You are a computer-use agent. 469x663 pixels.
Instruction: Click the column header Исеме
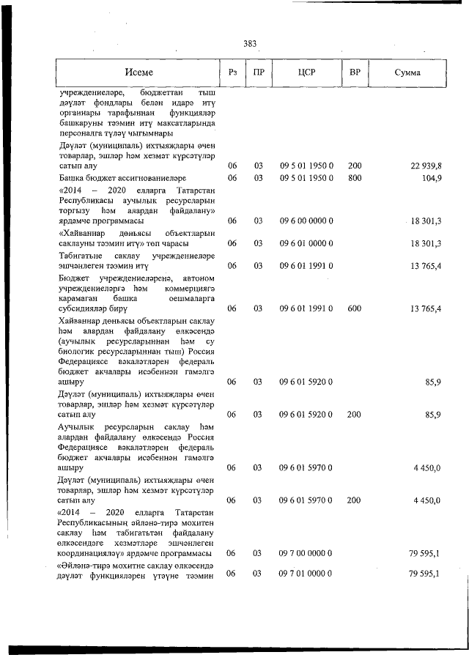coord(139,73)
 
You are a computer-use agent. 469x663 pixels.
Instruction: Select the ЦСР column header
coord(306,73)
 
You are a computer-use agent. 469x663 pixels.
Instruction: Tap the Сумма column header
coord(407,73)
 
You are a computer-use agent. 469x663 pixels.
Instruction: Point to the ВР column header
coord(355,73)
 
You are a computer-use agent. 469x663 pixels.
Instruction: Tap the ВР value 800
coord(355,178)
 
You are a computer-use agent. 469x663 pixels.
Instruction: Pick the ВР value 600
coord(355,309)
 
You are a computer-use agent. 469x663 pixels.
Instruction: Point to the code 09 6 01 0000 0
coord(306,243)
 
